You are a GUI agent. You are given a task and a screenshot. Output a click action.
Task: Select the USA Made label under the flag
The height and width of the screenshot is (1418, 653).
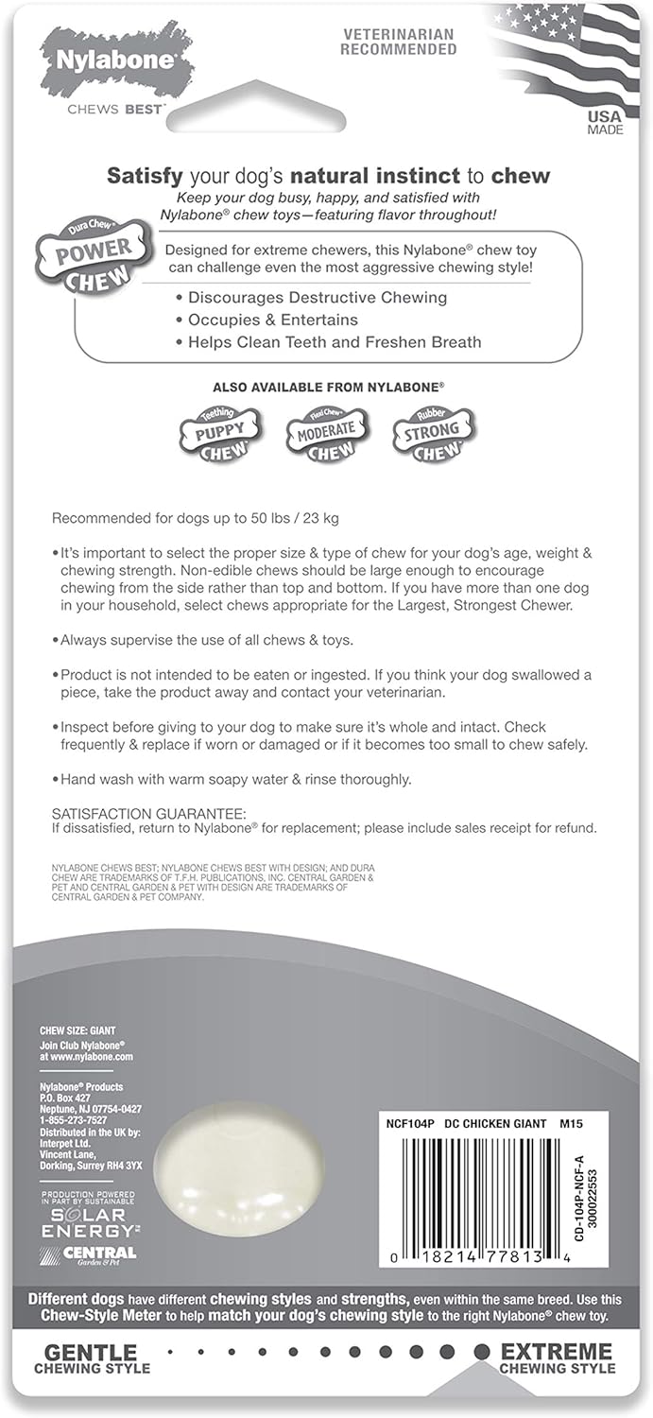pos(605,123)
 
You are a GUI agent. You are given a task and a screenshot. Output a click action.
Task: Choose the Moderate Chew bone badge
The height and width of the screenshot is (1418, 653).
pos(326,434)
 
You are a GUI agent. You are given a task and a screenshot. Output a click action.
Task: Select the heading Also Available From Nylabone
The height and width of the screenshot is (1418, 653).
pos(328,387)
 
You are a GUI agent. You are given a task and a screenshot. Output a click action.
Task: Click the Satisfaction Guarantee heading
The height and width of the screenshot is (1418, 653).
pos(148,813)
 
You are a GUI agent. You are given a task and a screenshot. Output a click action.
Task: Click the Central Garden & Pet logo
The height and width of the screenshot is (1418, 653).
pos(90,1254)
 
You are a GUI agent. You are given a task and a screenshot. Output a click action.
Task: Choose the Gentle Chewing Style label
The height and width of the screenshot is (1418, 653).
pos(92,1357)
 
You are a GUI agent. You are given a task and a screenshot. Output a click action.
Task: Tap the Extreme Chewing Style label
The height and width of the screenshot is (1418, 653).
pos(557,1357)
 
